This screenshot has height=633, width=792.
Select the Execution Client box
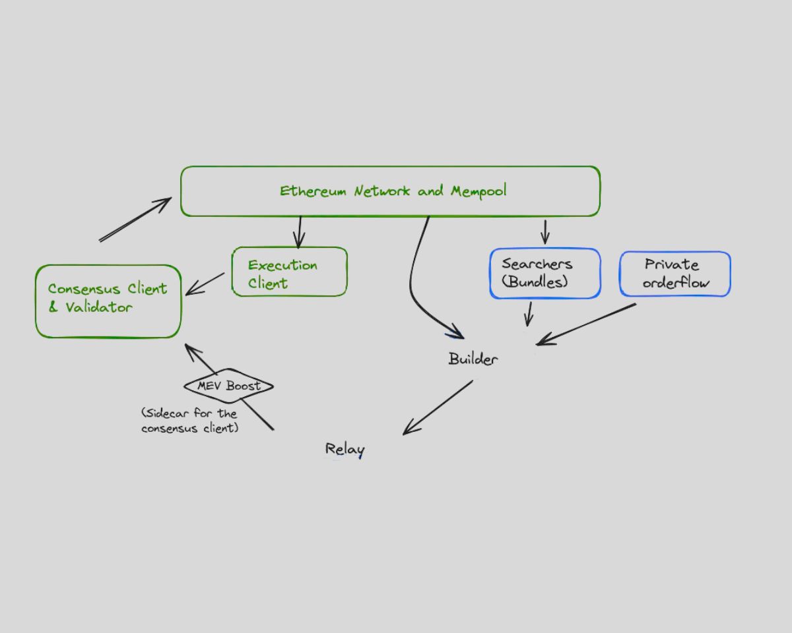(289, 272)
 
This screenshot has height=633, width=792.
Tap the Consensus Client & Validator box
(108, 301)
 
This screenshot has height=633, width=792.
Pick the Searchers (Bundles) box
(544, 273)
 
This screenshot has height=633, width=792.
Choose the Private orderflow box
(675, 274)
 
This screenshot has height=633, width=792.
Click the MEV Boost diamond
(228, 386)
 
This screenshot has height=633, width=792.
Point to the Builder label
(473, 359)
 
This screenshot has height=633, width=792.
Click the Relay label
(345, 450)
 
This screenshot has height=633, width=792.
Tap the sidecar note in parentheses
(189, 421)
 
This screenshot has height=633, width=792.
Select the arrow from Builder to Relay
(438, 407)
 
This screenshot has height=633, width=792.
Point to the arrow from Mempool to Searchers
(544, 231)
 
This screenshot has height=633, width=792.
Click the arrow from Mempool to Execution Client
(300, 231)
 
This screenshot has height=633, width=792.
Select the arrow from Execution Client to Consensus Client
(205, 284)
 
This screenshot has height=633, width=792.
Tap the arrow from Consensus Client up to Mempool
(135, 220)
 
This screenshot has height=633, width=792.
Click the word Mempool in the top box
(478, 191)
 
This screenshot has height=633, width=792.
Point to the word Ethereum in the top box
(313, 191)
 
